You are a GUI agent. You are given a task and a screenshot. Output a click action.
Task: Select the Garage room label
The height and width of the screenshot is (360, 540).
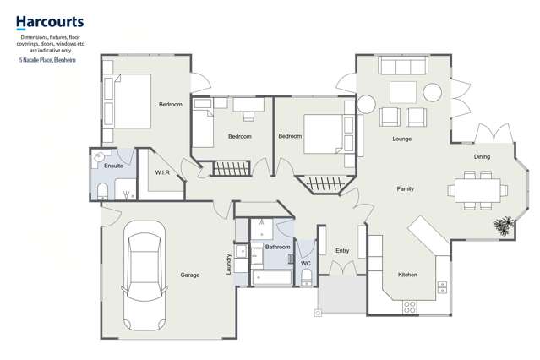tap(190, 275)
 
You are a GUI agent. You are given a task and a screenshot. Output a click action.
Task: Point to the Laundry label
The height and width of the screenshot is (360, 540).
tap(229, 265)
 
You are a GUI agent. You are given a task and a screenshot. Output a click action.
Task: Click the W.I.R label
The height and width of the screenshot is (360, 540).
tap(163, 172)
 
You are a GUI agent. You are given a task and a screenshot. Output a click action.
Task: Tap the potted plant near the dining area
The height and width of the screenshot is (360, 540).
tap(505, 225)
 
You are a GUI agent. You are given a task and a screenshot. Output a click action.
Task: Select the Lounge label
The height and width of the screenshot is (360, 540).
tap(401, 139)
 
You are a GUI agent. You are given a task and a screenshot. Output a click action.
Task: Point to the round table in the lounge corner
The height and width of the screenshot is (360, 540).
tap(367, 104)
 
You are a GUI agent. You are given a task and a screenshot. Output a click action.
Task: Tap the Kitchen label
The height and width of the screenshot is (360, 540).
tap(407, 275)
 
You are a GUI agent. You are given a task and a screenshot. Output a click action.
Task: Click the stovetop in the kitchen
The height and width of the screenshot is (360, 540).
tap(411, 306)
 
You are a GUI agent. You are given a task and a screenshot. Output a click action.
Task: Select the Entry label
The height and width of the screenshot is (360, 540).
tap(342, 251)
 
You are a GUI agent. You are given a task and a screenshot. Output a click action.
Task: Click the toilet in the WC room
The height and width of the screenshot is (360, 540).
tap(306, 279)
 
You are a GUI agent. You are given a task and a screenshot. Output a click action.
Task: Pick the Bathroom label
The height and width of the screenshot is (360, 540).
tap(277, 248)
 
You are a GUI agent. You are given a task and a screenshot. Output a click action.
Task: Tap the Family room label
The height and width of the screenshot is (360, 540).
tap(406, 188)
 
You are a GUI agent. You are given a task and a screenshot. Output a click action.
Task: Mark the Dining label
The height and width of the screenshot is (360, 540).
tap(482, 157)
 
